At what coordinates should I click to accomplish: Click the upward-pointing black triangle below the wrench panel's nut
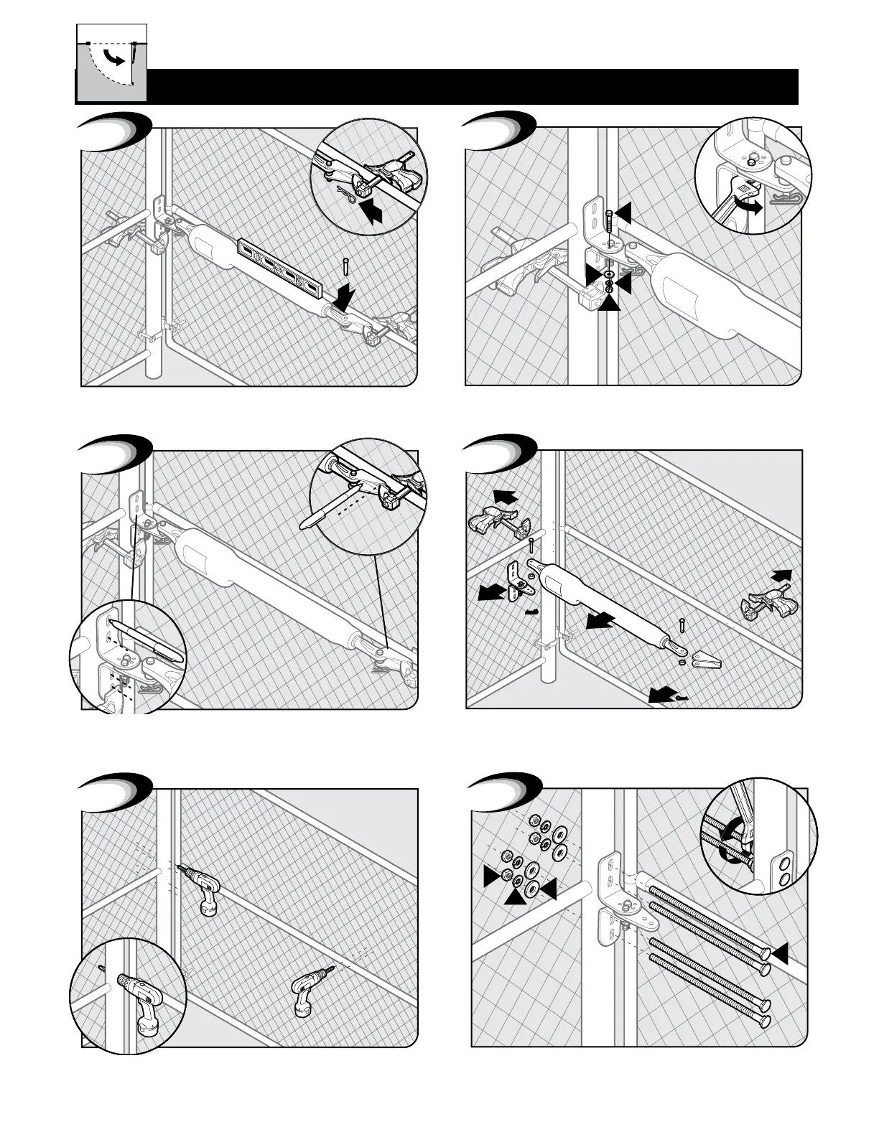point(609,303)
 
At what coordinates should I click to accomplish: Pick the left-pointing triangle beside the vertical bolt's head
point(622,212)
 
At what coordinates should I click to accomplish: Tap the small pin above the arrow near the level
point(345,265)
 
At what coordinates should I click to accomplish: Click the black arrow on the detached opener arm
point(600,619)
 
